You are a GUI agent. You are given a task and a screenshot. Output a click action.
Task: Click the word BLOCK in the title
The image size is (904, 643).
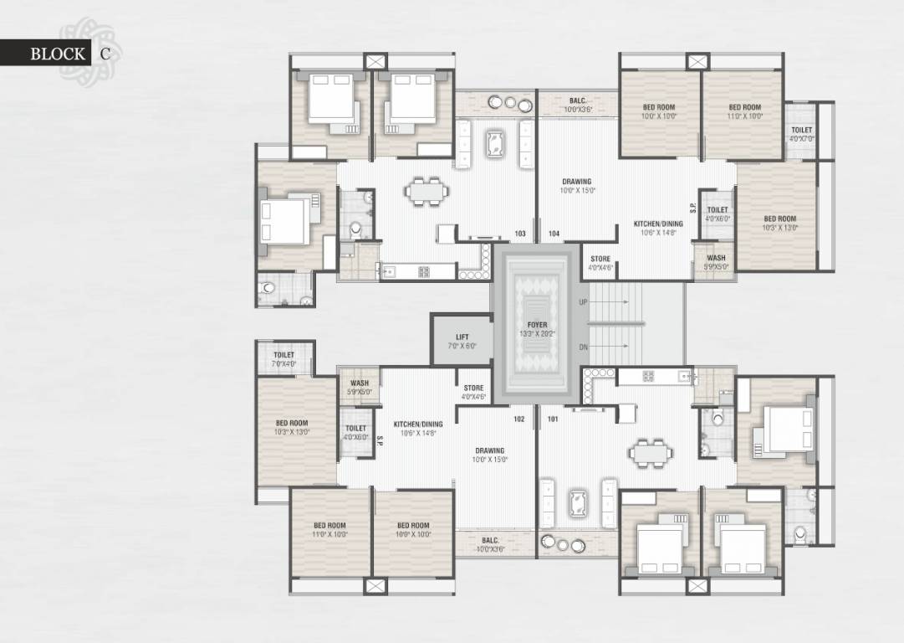point(58,54)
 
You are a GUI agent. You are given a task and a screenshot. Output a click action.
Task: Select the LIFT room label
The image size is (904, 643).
point(462,337)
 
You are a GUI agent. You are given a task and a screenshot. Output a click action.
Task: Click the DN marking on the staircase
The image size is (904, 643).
point(583,347)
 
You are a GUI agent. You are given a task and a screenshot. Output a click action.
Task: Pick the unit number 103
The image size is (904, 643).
point(520,234)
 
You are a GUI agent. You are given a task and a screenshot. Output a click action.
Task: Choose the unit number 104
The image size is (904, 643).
point(554,234)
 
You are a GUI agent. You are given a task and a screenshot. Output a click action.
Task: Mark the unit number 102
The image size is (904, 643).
point(519,419)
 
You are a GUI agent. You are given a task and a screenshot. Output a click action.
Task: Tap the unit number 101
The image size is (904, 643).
point(553,419)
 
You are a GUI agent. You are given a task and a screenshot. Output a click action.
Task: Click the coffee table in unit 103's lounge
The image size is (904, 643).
point(495,142)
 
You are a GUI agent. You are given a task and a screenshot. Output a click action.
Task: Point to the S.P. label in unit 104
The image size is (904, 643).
point(692,206)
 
